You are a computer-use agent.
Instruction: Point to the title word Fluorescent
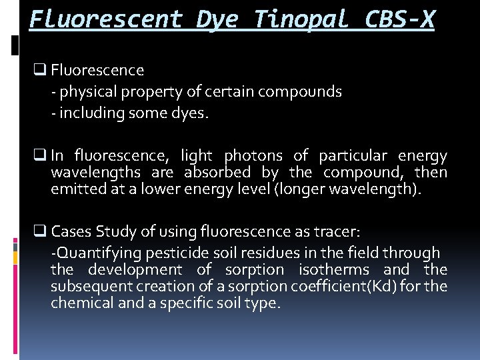pos(106,19)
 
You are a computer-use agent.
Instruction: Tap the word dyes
pos(189,113)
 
